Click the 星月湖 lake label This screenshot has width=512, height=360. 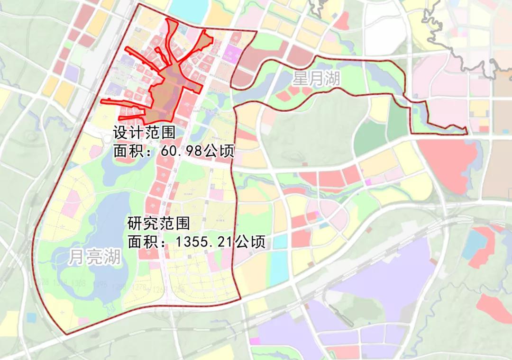316,79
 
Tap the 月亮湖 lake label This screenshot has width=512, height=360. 94,257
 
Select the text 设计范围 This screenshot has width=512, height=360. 144,133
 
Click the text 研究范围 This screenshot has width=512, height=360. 159,223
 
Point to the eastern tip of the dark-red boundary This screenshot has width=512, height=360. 467,132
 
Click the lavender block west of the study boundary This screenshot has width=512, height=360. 71,72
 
